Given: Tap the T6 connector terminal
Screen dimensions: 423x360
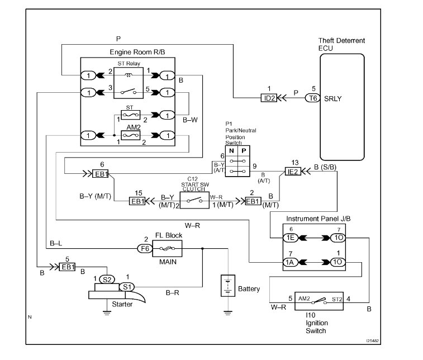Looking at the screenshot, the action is tap(313, 98).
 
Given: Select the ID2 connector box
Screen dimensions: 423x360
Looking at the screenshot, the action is tap(269, 98).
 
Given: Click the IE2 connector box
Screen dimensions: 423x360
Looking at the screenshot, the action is tap(293, 172).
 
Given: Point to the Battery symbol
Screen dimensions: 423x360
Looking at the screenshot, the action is tap(228, 286).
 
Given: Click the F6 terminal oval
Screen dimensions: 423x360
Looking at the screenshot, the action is tap(145, 248).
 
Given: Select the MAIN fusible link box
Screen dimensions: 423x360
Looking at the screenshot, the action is tap(167, 249).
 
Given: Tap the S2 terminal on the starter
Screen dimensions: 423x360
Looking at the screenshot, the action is tap(107, 280).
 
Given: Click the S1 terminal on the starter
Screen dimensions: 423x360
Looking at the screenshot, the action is tap(127, 287).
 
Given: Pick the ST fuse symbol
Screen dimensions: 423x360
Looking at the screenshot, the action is tap(131, 115).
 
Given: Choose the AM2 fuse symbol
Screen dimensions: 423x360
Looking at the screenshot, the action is tap(131, 135).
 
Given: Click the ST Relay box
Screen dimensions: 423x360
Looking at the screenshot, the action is tap(129, 83).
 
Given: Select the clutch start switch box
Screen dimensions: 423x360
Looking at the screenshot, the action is tap(194, 200).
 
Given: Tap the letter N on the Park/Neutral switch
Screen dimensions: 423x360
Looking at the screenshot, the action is tap(231, 150).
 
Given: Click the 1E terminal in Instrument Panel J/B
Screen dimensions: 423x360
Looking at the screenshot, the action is tap(290, 238).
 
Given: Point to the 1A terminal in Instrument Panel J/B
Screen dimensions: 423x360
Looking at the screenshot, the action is tap(290, 262).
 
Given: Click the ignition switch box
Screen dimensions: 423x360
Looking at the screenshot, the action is tap(319, 301).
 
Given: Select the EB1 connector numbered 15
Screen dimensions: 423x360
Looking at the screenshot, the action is tap(137, 201).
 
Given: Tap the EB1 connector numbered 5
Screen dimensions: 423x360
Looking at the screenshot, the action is tap(67, 267).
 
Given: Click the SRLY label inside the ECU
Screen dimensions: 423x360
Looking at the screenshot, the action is tap(332, 99).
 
